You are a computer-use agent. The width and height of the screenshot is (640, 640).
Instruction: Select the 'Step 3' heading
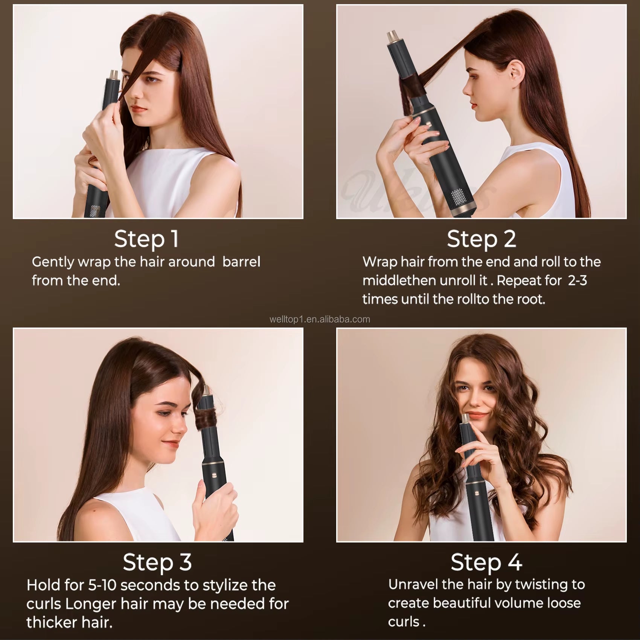click(x=157, y=562)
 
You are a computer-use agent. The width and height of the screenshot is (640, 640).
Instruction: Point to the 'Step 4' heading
click(x=486, y=562)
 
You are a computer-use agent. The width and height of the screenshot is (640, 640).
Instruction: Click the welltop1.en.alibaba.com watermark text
click(x=320, y=320)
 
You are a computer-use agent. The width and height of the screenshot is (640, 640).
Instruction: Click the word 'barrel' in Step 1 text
click(x=241, y=262)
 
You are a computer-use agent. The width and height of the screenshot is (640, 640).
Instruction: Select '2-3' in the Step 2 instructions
click(x=577, y=280)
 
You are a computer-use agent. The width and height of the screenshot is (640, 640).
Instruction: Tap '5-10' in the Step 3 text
click(x=102, y=585)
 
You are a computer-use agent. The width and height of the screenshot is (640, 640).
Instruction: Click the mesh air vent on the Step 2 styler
click(x=458, y=197)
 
